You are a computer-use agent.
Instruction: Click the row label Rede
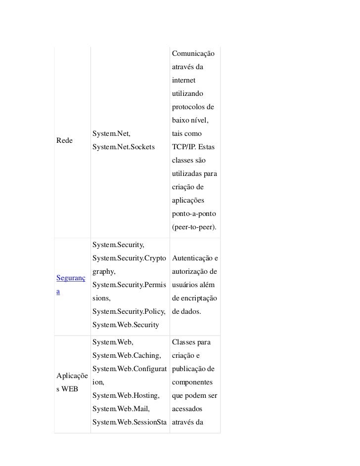coord(65,140)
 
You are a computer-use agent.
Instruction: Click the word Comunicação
coord(193,53)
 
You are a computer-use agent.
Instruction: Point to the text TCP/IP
coord(182,147)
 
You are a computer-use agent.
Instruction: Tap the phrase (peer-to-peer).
coord(194,228)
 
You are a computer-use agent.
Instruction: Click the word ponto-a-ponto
coord(193,214)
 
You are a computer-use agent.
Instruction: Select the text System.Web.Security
coord(125,325)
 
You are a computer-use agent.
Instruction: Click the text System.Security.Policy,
coord(130,311)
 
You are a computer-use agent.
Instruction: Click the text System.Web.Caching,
coord(127,356)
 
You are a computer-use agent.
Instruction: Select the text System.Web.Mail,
coord(121,409)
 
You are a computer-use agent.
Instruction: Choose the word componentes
coord(192,382)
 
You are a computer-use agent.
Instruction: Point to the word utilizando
coord(187,93)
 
